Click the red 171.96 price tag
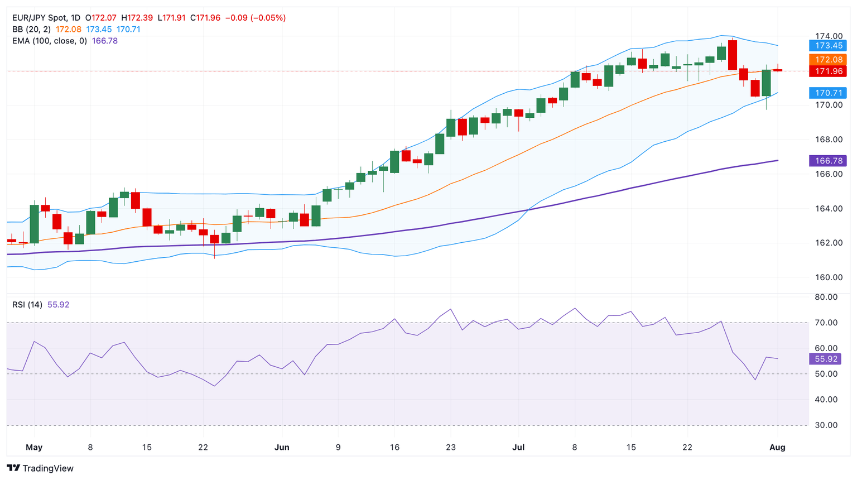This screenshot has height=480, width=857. (828, 71)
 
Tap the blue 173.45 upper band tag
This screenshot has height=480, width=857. (828, 46)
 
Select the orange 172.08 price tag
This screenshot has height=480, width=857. (828, 60)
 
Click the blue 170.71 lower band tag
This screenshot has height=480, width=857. (828, 93)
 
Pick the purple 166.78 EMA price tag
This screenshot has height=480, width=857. (828, 161)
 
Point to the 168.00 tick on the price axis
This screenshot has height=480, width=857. (828, 140)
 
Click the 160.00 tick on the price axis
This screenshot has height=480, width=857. (828, 277)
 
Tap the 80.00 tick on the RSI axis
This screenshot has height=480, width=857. (826, 297)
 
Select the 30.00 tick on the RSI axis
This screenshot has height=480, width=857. (826, 425)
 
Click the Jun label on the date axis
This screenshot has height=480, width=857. (282, 448)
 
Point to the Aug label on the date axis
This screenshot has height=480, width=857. (777, 448)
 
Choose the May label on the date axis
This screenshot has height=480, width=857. (34, 448)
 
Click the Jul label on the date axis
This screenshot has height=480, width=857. (519, 448)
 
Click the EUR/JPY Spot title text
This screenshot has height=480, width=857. (38, 18)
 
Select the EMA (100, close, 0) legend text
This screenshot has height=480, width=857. (50, 41)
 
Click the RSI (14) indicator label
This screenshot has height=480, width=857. (27, 305)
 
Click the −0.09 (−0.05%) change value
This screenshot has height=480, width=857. (256, 18)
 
